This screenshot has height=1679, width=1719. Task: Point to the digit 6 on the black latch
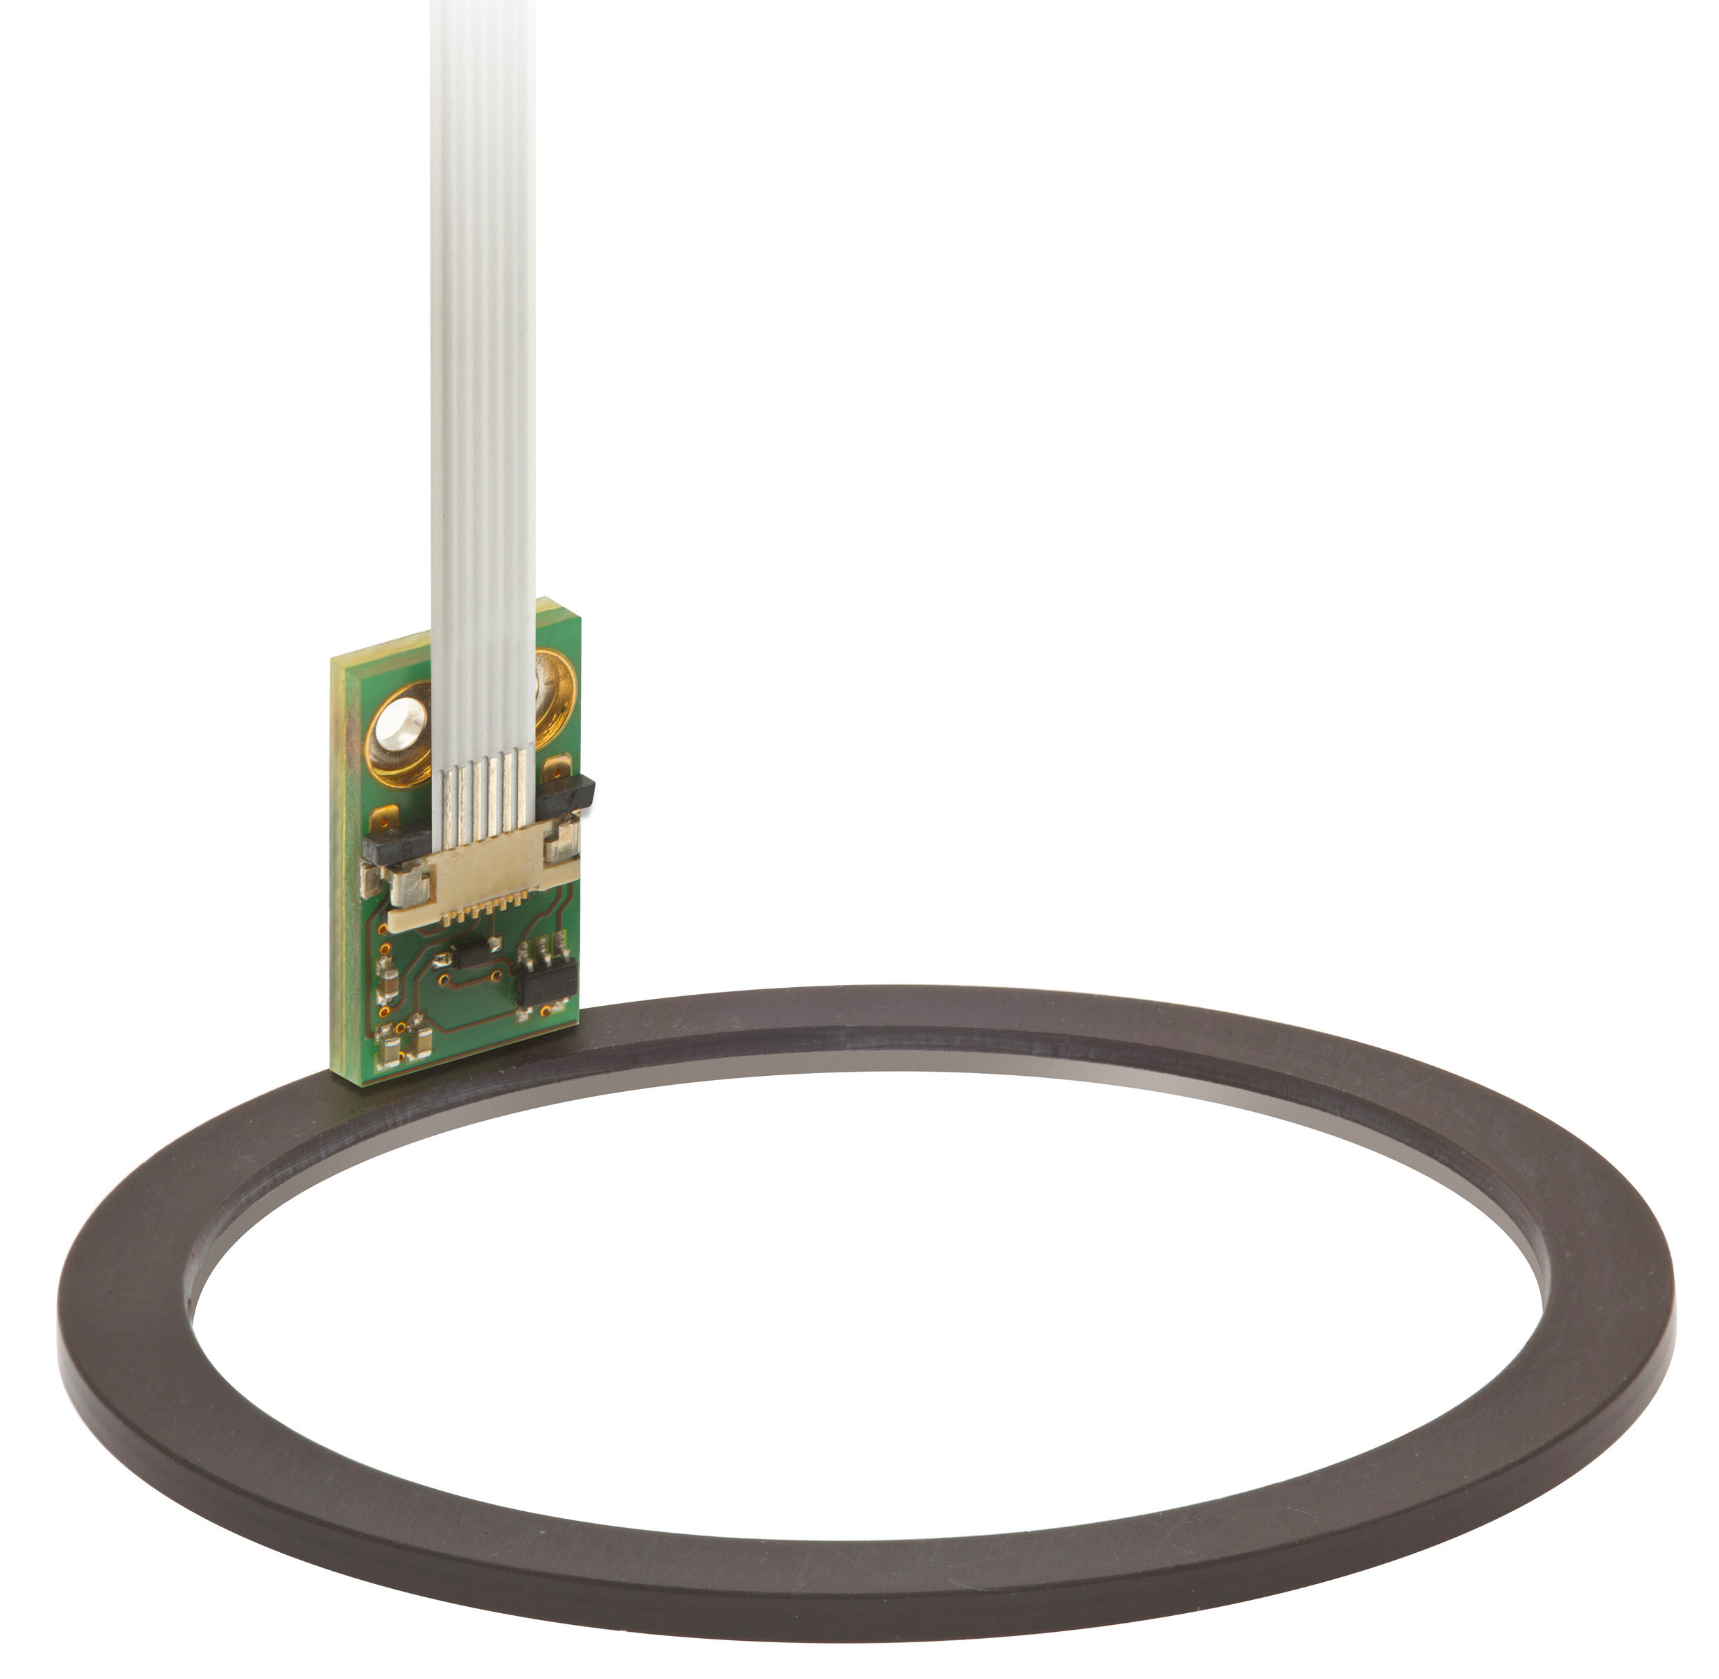pyautogui.click(x=405, y=846)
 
